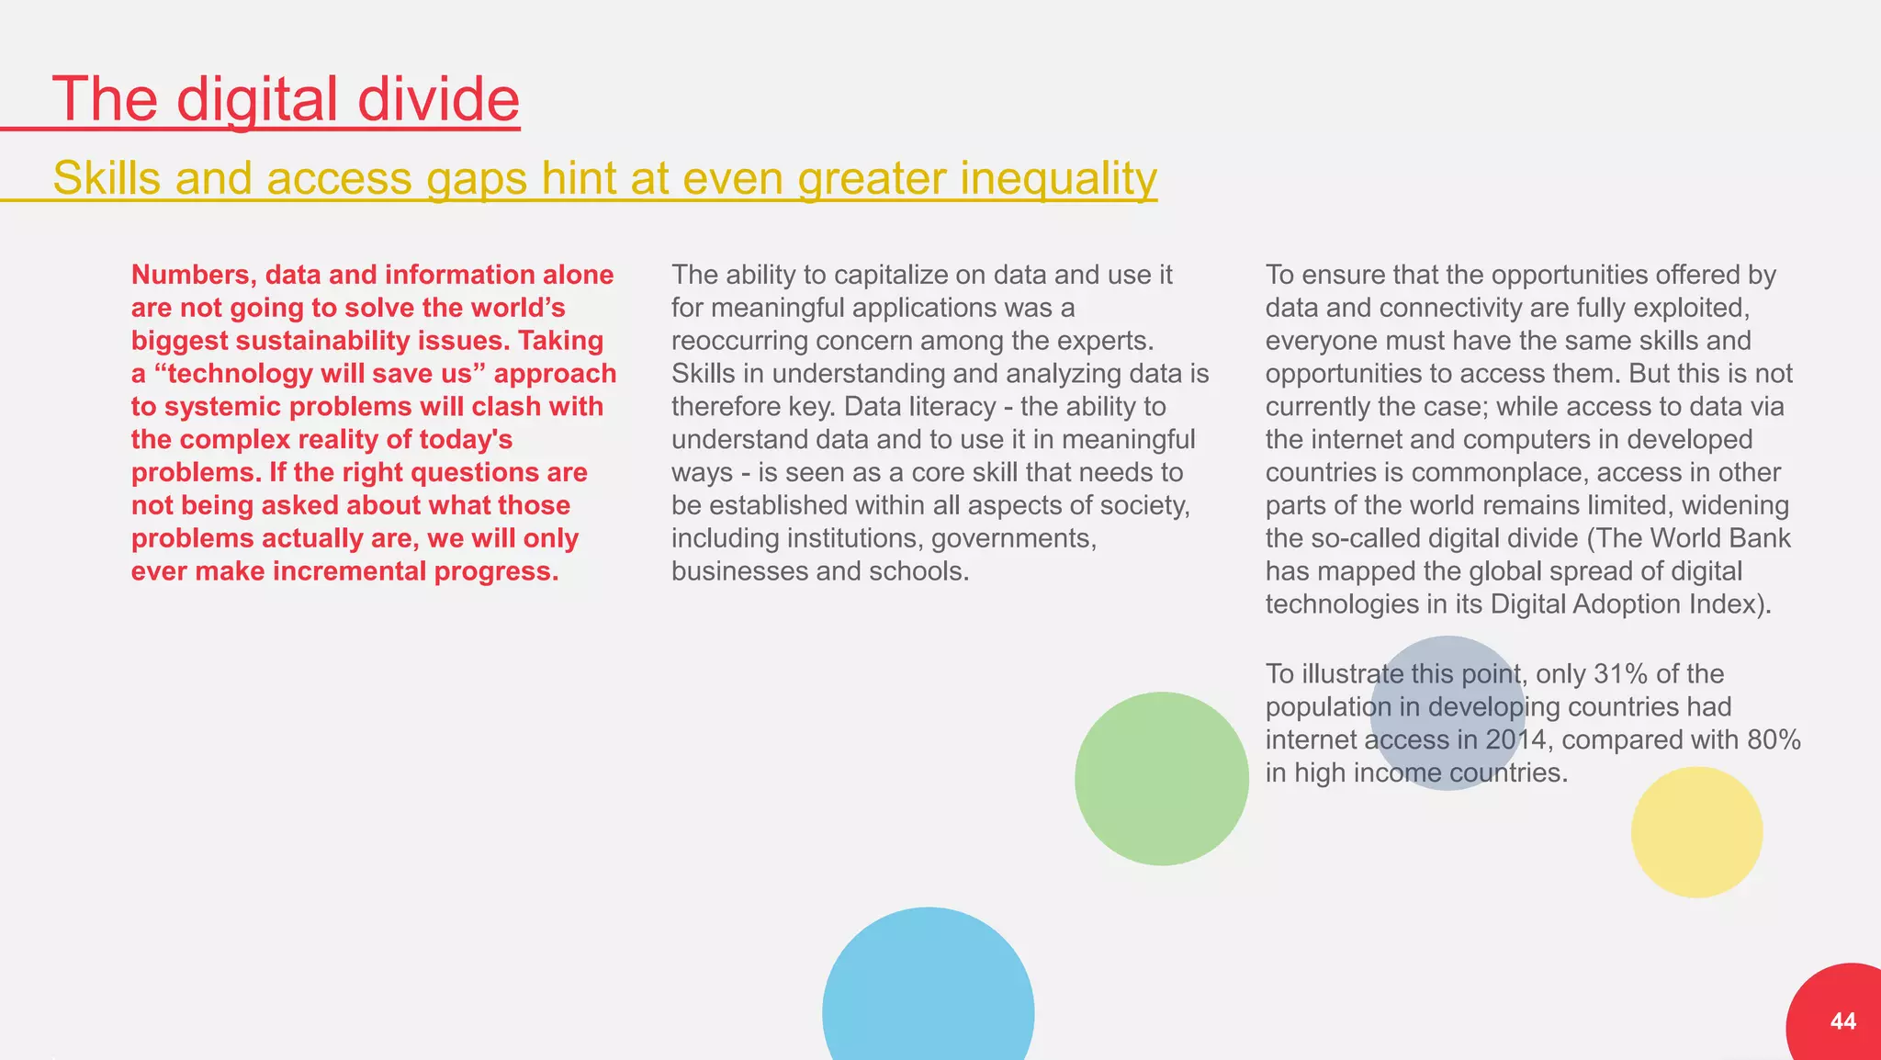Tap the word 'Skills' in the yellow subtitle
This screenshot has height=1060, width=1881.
[107, 177]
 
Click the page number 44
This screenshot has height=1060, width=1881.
[1842, 1021]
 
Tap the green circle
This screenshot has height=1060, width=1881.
[1161, 778]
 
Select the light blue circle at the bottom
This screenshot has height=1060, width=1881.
[928, 992]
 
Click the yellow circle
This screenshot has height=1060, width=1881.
[1696, 832]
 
